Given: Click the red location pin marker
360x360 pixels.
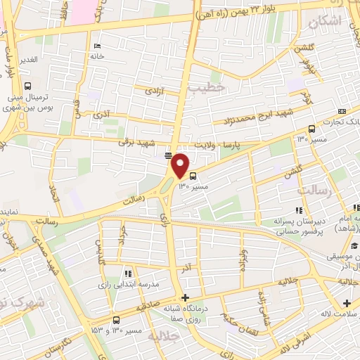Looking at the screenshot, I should [x=181, y=165].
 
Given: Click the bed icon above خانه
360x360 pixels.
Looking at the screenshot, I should [x=96, y=46].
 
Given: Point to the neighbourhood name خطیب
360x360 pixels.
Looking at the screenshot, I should [x=209, y=87].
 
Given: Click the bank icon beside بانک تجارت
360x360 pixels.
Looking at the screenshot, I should [x=342, y=111].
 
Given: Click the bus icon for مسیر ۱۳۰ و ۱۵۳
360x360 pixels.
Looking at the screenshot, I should [x=115, y=320].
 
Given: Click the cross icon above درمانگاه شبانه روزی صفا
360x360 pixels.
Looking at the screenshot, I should [x=185, y=298].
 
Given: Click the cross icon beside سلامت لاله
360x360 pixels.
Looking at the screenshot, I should [x=347, y=303].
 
